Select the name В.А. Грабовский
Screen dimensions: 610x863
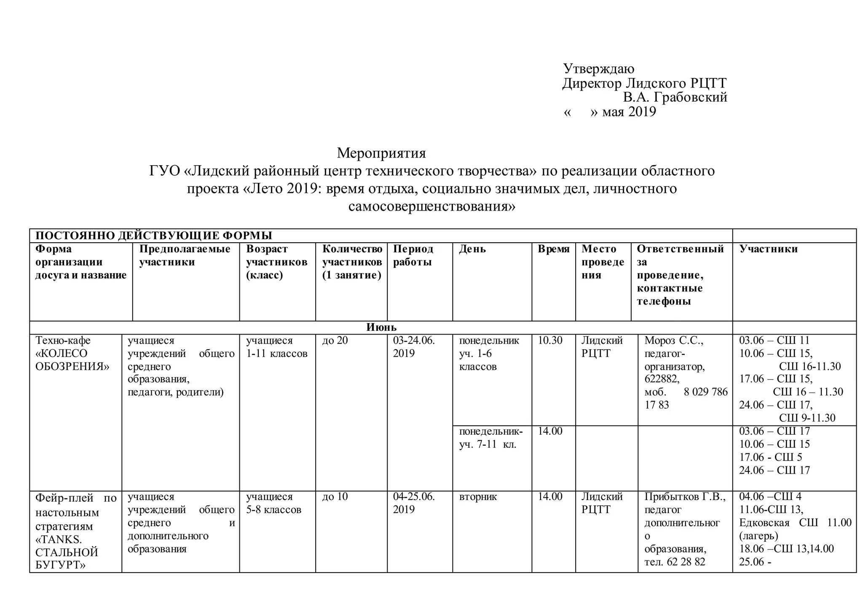coord(675,97)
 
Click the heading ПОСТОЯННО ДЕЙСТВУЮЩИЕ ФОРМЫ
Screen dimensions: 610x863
coord(154,235)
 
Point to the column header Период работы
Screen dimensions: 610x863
coord(413,255)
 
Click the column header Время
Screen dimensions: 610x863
coord(553,249)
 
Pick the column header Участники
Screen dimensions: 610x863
coord(769,249)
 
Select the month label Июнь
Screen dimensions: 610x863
coord(381,327)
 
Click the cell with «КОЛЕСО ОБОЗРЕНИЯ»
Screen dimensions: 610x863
coord(72,360)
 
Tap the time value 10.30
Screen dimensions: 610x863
coord(550,340)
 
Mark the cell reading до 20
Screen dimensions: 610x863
coord(335,340)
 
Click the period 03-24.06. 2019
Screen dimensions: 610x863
coord(414,347)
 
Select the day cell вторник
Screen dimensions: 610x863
coord(478,497)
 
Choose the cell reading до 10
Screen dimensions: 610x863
coord(335,497)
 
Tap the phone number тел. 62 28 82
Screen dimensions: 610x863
coord(675,562)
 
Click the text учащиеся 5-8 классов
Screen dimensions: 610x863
coord(274,503)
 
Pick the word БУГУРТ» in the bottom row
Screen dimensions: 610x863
coord(60,565)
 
